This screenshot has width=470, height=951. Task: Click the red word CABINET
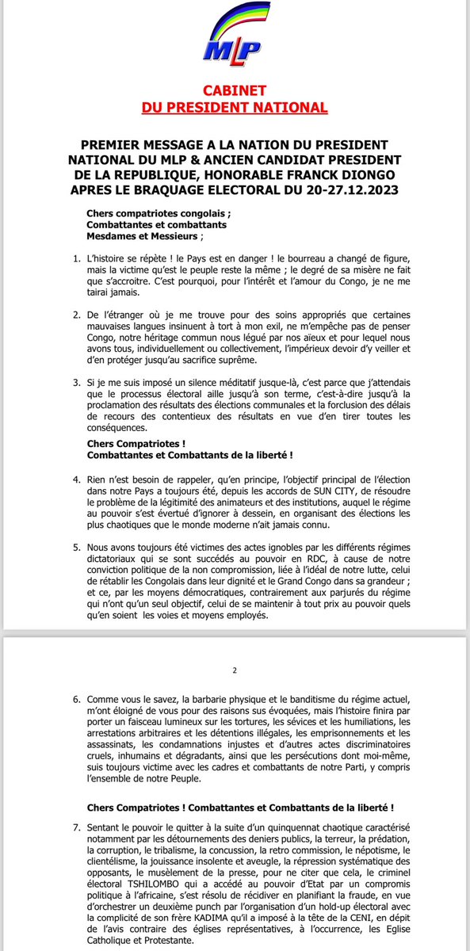(235, 92)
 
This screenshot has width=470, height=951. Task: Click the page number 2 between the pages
(235, 670)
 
